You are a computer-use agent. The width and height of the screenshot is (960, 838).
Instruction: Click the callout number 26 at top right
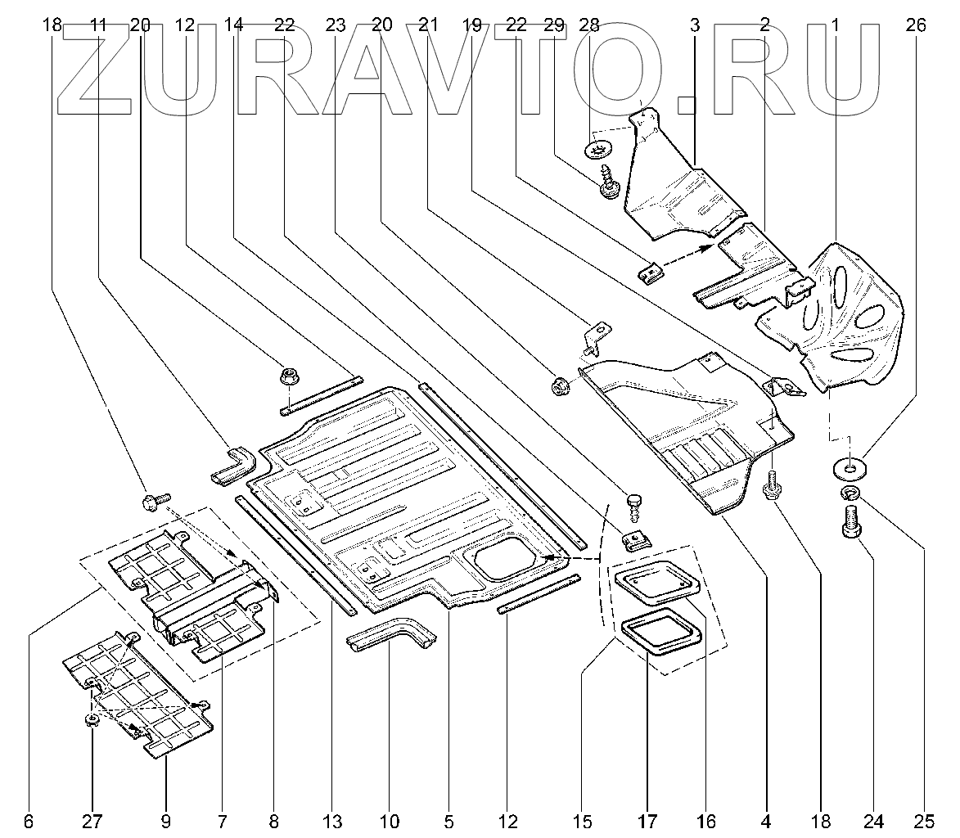[915, 25]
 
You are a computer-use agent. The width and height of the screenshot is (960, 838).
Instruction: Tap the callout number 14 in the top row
[233, 25]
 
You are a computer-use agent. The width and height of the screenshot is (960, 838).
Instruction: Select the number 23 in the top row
[336, 25]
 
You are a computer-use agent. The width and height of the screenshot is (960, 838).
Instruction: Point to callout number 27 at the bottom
[92, 821]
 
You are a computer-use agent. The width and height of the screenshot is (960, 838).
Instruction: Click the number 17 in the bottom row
[647, 821]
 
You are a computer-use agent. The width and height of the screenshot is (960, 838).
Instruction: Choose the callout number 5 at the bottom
[449, 821]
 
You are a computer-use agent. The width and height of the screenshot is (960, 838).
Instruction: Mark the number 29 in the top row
[553, 25]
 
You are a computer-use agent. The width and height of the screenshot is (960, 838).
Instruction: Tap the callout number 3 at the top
[694, 25]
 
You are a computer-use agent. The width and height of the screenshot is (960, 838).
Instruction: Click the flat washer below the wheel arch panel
[850, 470]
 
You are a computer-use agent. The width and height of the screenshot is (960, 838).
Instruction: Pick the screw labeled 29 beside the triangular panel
[609, 182]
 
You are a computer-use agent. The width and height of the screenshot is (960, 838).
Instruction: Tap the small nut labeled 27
[92, 720]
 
